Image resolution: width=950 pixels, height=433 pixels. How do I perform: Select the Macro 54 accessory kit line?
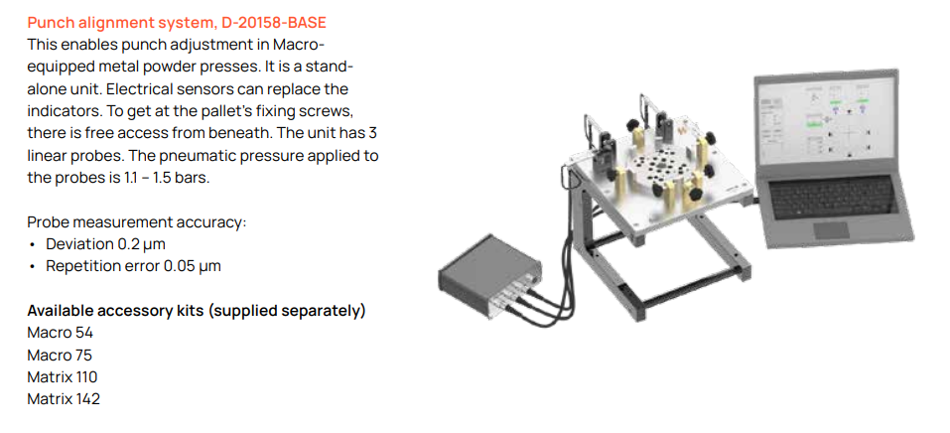[x=60, y=333]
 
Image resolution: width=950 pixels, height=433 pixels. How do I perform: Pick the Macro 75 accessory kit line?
[x=60, y=355]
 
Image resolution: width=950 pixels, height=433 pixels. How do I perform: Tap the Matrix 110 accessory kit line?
[x=63, y=377]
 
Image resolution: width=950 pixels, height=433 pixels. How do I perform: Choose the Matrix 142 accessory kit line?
[x=64, y=399]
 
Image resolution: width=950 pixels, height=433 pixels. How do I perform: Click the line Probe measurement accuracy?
[x=137, y=222]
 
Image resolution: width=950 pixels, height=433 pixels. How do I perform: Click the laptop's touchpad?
[x=831, y=229]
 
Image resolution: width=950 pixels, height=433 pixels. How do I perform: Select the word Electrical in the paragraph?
[x=132, y=89]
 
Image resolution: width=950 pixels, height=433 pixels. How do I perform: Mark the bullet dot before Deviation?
[x=32, y=245]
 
